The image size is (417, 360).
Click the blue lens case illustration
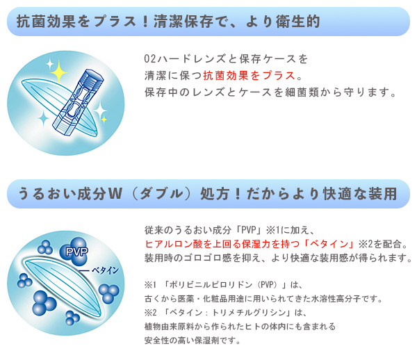78,102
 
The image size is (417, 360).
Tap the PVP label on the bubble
77,252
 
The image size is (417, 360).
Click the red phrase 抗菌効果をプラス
250,76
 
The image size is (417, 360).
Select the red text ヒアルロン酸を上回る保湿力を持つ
222,243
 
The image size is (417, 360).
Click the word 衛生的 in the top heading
297,22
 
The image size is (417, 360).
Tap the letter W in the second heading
115,193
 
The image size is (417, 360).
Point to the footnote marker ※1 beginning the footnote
150,285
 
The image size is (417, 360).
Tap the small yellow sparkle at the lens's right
104,120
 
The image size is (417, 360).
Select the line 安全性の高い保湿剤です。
193,340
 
